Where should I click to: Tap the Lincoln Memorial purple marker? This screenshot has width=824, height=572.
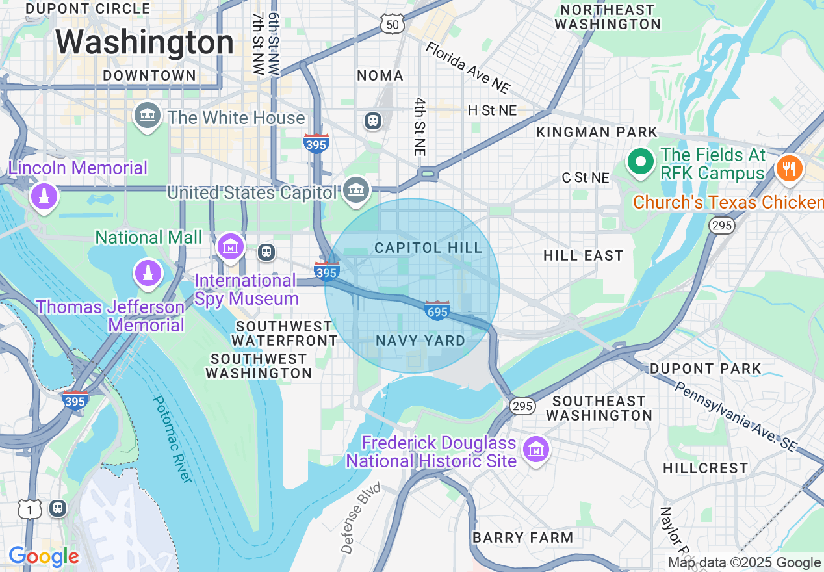click(x=44, y=196)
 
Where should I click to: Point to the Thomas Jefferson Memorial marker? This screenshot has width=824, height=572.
click(x=148, y=273)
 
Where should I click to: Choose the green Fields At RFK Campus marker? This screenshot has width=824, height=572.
click(x=641, y=162)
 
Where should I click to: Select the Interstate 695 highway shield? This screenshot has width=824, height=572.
click(x=437, y=311)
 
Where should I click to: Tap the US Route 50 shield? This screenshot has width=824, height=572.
click(x=393, y=25)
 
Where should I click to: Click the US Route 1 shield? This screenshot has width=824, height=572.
click(x=29, y=510)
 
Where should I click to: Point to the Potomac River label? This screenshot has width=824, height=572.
click(x=172, y=439)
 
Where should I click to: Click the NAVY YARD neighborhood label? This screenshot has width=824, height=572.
click(x=420, y=341)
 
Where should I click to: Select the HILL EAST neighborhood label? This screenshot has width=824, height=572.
click(x=583, y=256)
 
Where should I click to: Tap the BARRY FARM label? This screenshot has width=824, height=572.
click(x=522, y=538)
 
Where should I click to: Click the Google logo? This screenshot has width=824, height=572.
click(x=44, y=557)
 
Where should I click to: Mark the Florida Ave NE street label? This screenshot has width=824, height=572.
click(x=468, y=68)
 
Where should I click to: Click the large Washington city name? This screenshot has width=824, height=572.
click(x=144, y=43)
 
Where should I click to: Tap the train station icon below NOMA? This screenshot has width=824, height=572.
click(x=373, y=121)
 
